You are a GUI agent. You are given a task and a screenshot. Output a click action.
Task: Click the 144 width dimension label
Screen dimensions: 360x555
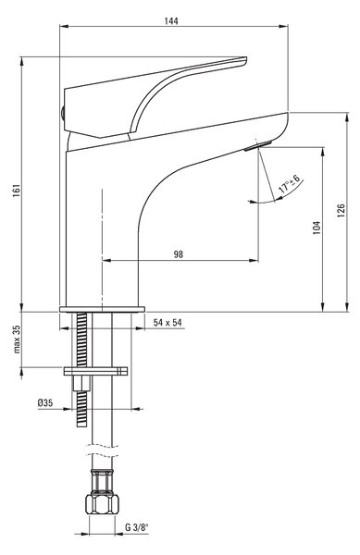(x=171, y=21)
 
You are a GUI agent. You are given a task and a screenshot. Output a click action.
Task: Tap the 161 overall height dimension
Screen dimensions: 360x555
(x=17, y=191)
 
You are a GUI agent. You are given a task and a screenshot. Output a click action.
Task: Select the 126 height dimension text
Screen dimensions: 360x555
(x=341, y=210)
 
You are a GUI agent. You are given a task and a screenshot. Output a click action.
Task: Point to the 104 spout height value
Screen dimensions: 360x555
(x=317, y=228)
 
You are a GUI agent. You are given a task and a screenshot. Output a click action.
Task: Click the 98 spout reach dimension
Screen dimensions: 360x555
(x=179, y=254)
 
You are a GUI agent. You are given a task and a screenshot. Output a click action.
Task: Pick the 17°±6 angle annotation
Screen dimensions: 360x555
(x=290, y=184)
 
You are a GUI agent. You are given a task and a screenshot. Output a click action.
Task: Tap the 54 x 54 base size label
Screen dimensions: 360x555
(x=168, y=323)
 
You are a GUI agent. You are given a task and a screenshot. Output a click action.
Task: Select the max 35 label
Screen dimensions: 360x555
(x=17, y=339)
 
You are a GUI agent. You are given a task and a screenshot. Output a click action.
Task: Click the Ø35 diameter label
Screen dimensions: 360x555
(x=45, y=402)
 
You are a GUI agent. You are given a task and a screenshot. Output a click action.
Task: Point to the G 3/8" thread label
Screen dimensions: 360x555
(x=137, y=527)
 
